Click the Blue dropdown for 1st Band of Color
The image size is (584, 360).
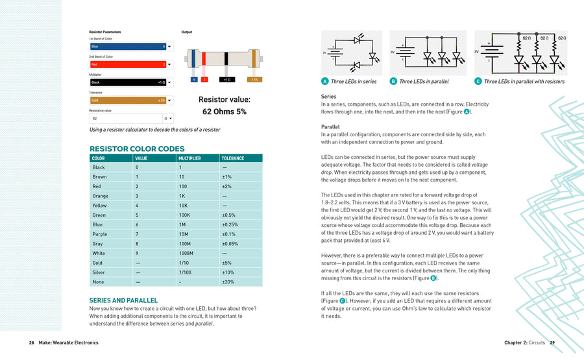point(130,47)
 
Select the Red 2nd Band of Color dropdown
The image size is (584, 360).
point(130,65)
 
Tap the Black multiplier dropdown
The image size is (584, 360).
point(130,82)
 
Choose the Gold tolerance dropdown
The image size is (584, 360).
point(130,101)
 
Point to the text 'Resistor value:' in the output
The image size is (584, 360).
point(224,99)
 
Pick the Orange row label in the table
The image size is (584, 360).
point(100,196)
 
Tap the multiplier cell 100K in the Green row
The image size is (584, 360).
point(184,215)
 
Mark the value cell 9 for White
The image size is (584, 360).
point(137,253)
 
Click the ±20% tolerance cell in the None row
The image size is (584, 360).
point(228,282)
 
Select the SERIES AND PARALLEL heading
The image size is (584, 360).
point(123,300)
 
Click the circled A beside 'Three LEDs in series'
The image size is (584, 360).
point(324,81)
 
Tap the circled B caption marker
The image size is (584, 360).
point(393,81)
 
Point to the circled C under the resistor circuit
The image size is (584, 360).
point(478,81)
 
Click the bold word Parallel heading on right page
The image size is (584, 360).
point(331,126)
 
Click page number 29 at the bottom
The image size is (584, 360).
point(552,342)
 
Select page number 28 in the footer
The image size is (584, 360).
point(32,342)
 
